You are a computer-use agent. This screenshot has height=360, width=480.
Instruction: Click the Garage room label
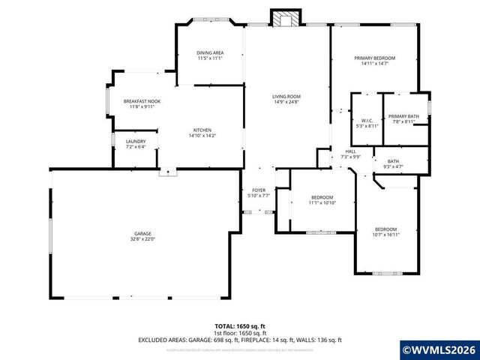142,234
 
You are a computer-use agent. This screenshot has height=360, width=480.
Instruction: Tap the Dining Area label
210,52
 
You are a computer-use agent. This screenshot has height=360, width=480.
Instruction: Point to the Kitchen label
202,130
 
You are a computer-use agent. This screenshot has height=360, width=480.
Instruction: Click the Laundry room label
136,141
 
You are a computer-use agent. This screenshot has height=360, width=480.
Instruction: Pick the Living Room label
286,96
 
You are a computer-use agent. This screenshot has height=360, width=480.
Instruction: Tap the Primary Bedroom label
375,58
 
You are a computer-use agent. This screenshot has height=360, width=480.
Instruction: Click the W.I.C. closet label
367,120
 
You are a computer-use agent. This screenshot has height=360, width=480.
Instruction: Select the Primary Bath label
403,115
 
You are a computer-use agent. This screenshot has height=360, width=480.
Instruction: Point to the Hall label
351,151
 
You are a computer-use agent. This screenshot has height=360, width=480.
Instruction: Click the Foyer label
259,190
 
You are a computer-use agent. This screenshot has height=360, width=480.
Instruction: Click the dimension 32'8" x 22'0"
142,240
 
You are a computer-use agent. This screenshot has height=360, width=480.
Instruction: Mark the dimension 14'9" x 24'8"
286,101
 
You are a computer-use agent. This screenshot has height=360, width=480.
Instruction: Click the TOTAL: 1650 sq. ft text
239,326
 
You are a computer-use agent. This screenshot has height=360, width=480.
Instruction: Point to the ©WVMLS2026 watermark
439,349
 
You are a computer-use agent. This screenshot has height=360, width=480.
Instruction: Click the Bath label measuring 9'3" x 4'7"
394,160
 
